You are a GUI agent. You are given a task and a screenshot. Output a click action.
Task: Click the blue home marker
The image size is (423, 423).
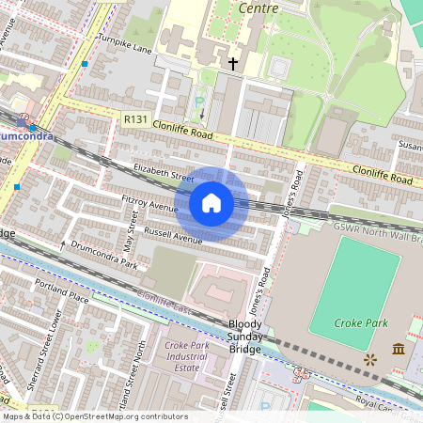(x=211, y=203)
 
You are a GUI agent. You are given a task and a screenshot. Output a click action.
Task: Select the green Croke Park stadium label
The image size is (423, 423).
(x=361, y=321)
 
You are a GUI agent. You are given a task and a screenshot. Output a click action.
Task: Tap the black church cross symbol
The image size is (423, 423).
(x=232, y=64)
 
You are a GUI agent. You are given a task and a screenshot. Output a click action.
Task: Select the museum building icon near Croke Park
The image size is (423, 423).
(x=398, y=350)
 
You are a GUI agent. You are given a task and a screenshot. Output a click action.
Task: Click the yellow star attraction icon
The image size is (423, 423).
(x=369, y=359)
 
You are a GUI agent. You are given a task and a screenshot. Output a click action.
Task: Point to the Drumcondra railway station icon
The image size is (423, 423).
(x=21, y=122)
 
